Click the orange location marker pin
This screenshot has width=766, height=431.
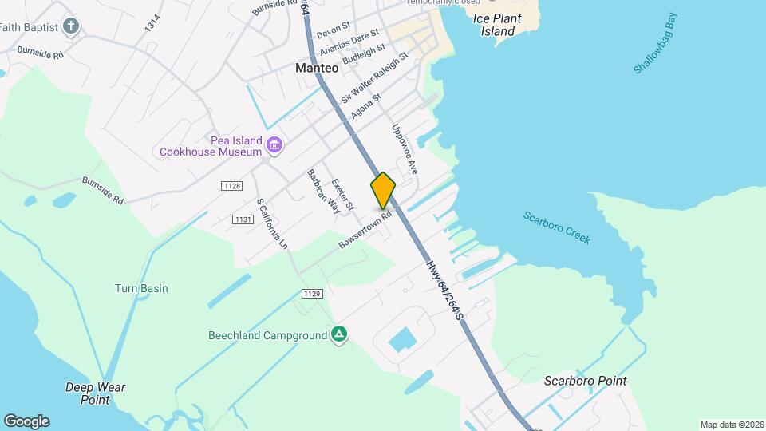pos(383,190)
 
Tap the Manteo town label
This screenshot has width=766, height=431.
pos(317,69)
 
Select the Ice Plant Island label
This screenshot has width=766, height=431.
pos(497,25)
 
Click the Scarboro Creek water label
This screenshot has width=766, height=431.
pos(557,227)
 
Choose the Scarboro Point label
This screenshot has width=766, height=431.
pos(585,382)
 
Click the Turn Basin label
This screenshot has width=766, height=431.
pos(141,288)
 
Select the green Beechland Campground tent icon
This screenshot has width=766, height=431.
pos(339,335)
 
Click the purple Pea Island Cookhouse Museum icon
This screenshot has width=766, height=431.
pos(275,144)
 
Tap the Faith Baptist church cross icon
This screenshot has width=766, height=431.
pos(71,26)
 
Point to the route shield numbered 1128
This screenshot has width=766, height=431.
pos(231,186)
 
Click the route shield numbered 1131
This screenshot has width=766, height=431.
pos(243,219)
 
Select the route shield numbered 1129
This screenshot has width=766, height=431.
pos(312,295)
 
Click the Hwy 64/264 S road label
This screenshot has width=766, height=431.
pos(444,290)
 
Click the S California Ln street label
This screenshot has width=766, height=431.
pos(271,223)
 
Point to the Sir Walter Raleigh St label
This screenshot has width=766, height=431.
pos(374,78)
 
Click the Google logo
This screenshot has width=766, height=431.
pos(26,421)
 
